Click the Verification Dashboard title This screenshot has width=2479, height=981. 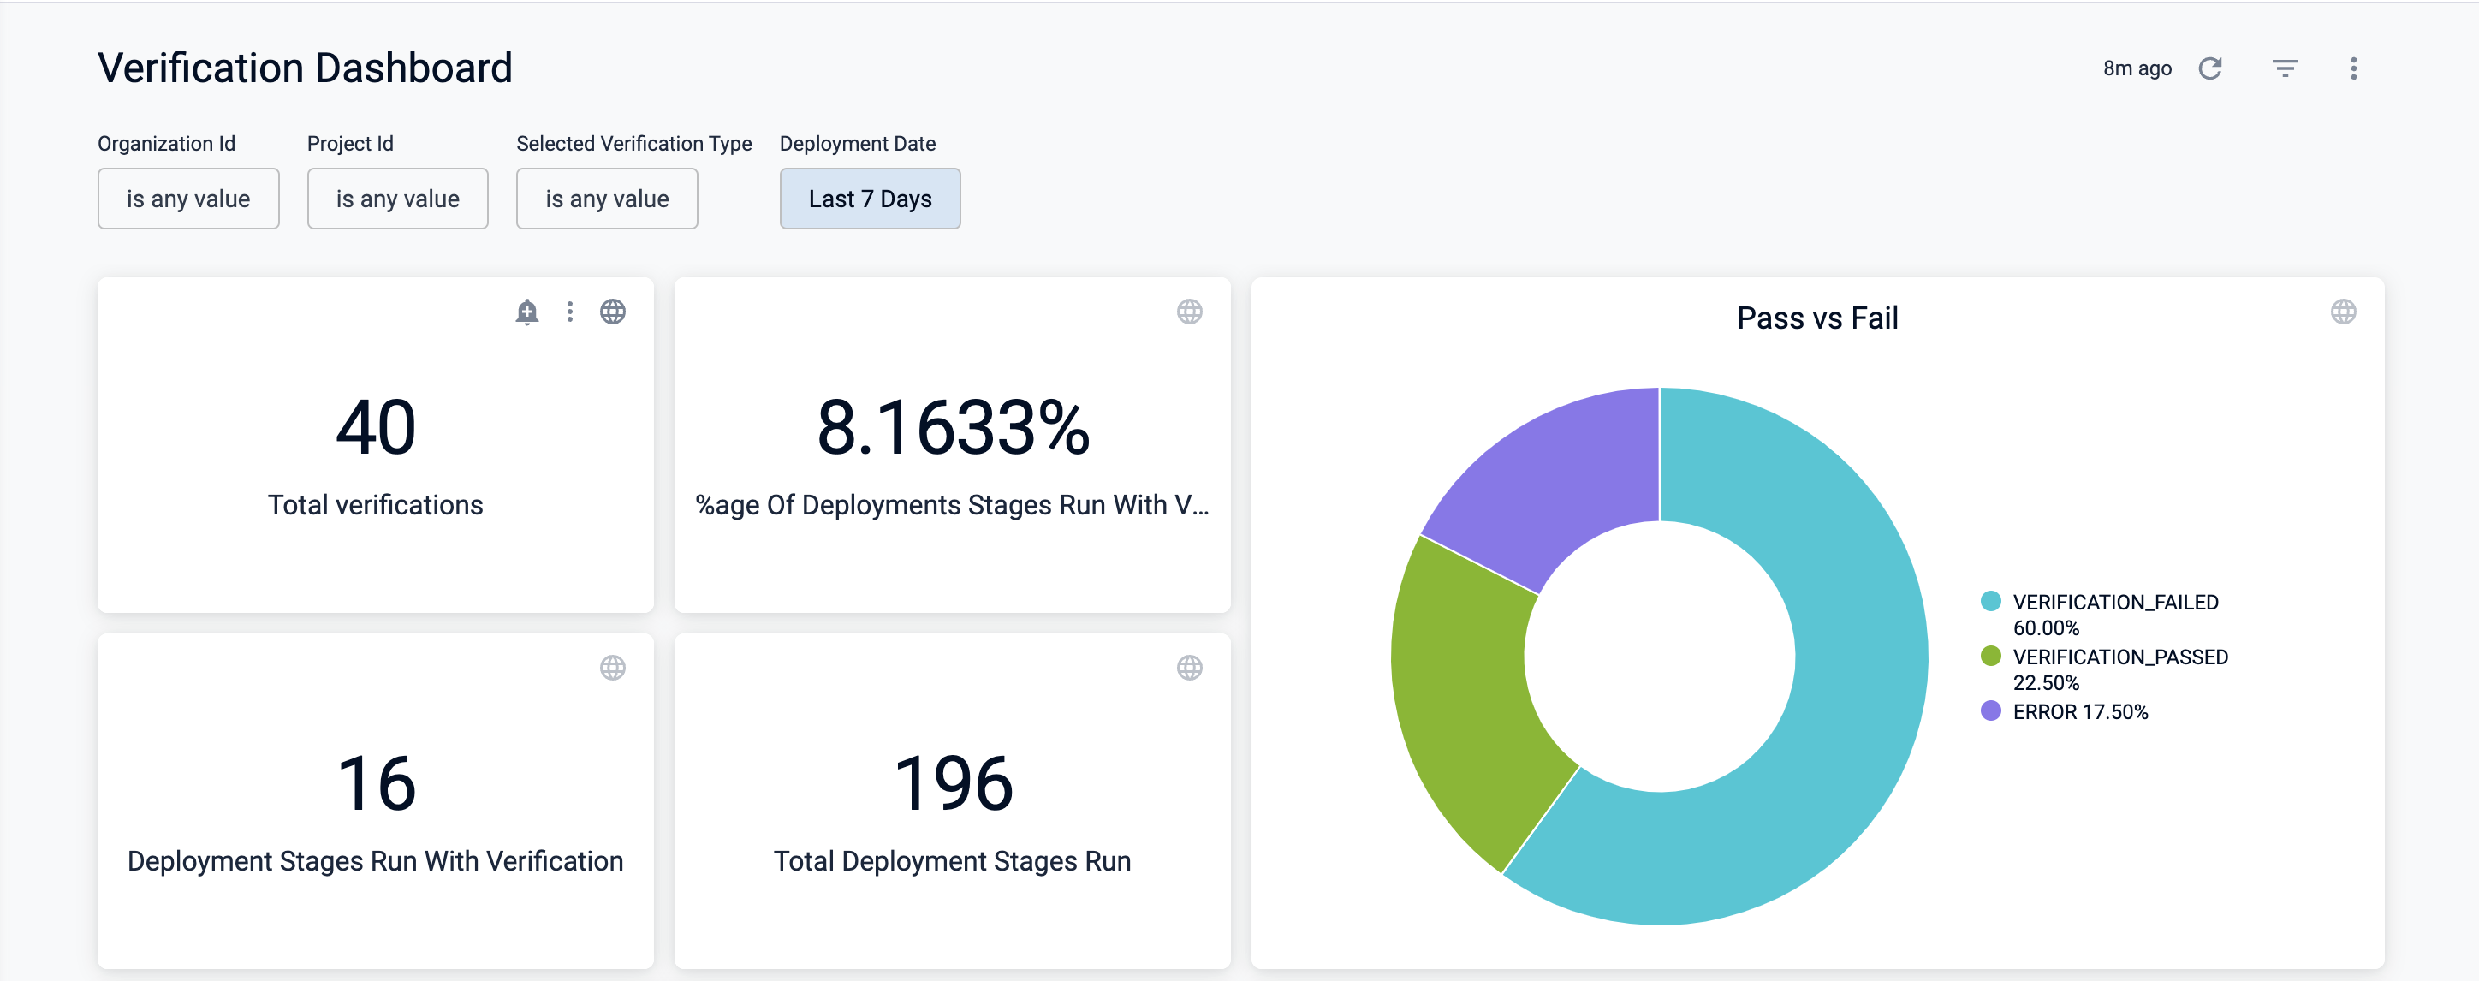point(304,68)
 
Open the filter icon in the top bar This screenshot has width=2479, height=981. point(2285,68)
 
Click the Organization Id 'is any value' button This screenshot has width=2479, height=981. point(187,199)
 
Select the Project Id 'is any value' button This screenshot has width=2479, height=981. point(397,199)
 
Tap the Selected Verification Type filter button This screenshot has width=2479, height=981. point(606,199)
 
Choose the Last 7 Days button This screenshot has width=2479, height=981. point(869,199)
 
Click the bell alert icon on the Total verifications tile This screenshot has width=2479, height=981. point(526,312)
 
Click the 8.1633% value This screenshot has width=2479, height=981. point(952,427)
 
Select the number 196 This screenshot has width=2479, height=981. point(952,783)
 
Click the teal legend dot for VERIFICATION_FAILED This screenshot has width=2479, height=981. point(1990,602)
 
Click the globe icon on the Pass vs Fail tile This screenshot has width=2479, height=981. point(2342,312)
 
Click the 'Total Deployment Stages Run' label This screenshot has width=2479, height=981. point(952,860)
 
